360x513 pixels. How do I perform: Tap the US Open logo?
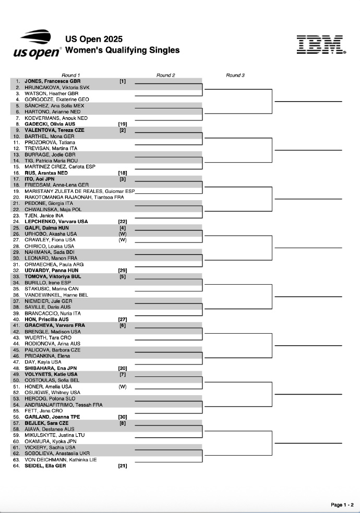coord(37,44)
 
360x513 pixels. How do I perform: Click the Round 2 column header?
coord(166,75)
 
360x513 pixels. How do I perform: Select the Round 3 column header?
coord(235,75)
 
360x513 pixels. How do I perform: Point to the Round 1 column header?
coord(71,75)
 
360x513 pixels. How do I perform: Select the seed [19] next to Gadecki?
coord(122,124)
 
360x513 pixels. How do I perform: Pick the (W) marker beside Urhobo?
coord(122,234)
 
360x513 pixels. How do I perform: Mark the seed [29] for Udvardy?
coord(122,271)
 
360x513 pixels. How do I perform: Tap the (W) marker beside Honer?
coord(122,386)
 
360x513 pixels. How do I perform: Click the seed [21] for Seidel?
coord(122,466)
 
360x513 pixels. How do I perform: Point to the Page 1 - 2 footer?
coord(342,505)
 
